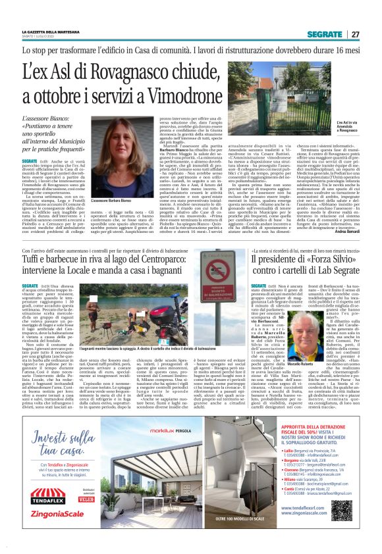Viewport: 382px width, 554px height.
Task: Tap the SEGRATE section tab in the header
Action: point(328,34)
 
